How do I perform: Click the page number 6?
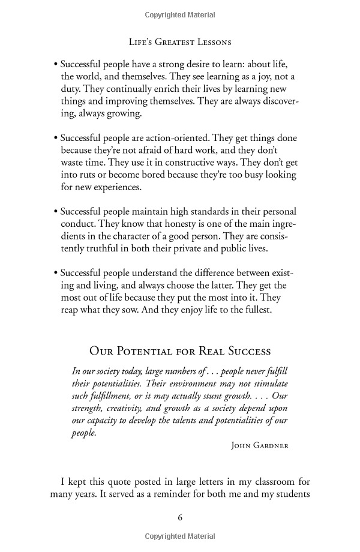point(180,517)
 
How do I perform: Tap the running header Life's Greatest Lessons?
point(180,42)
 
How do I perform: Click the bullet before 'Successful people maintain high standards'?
point(55,212)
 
